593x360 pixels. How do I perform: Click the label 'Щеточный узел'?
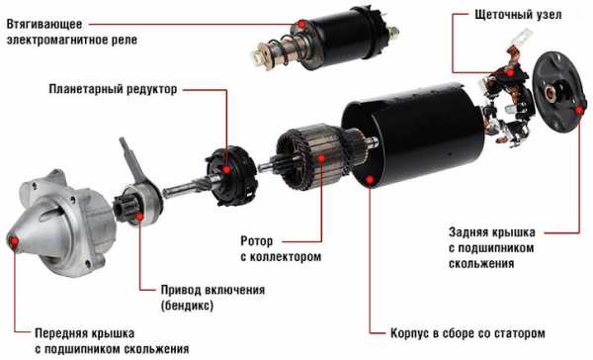pos(518,15)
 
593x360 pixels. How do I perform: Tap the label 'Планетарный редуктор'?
pos(113,89)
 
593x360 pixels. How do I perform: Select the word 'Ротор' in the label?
pos(256,240)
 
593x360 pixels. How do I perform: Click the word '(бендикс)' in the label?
pos(187,306)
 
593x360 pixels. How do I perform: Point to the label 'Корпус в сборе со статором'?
pos(467,333)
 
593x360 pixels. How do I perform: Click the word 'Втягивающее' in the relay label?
pos(44,24)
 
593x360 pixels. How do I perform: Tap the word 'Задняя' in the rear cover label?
pos(467,232)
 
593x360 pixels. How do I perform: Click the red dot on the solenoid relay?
pos(301,24)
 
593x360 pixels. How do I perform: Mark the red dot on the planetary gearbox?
pos(226,169)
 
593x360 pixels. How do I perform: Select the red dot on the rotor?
pos(321,157)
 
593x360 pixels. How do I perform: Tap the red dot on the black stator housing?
pos(370,179)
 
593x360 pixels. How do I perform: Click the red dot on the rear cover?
pos(579,110)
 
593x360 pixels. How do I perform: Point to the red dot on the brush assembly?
pos(510,72)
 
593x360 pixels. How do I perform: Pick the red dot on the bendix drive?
pos(139,217)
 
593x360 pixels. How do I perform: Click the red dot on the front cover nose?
pos(15,241)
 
